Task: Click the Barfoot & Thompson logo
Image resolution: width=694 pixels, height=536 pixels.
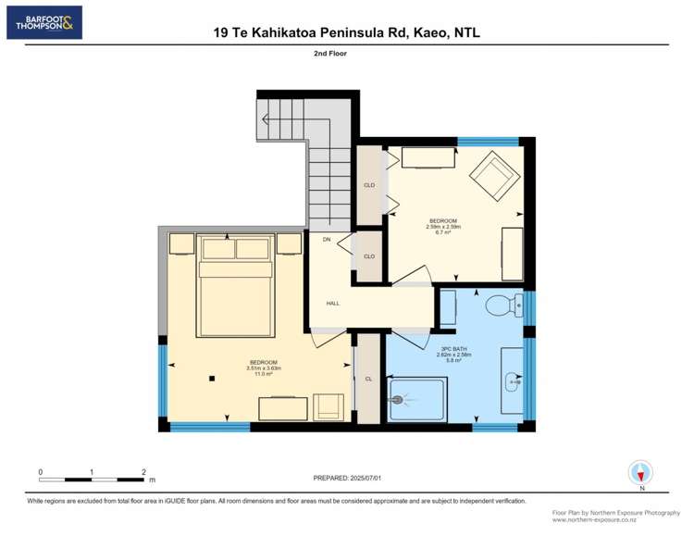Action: coord(44,22)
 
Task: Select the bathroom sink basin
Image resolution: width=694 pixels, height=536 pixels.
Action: coord(510,381)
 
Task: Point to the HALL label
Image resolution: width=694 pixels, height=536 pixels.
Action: coord(333,303)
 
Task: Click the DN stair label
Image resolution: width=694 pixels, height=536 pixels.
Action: coord(327,240)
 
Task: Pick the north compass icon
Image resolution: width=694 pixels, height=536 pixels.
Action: coord(640,473)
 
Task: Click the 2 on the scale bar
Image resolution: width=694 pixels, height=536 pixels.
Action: coord(143,472)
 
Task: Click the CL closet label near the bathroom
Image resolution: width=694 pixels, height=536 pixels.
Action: coord(368,379)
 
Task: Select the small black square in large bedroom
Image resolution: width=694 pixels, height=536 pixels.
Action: coord(212,378)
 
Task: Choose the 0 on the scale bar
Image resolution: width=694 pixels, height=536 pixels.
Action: coord(40,472)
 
